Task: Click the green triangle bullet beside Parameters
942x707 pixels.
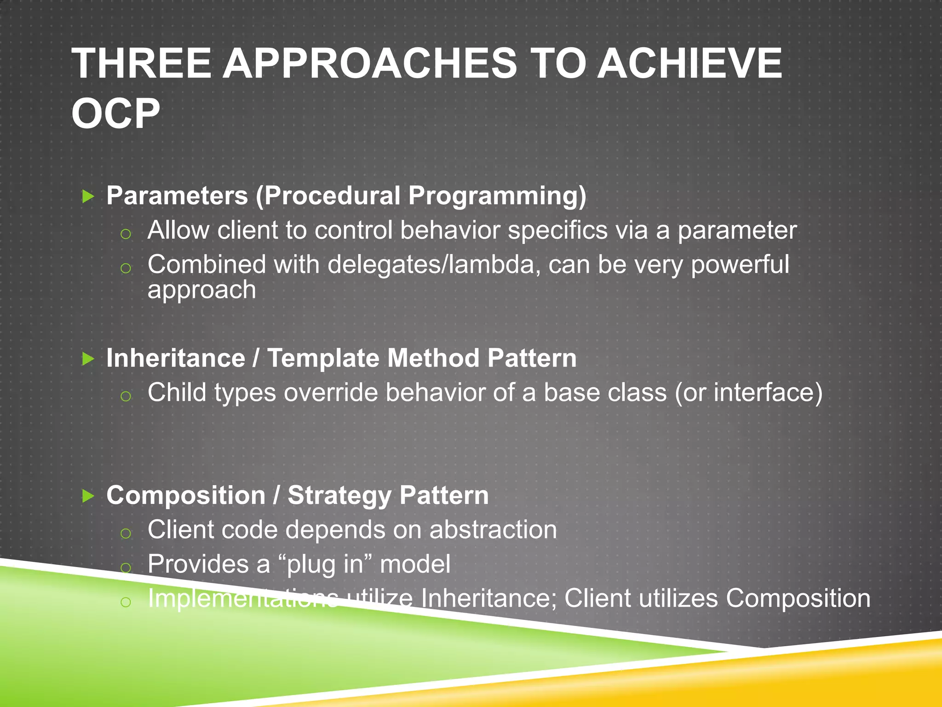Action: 88,197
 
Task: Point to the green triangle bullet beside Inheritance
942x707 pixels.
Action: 88,359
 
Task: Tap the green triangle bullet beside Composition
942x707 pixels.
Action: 88,496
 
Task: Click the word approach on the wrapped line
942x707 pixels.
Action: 201,290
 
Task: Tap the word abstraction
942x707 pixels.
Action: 493,530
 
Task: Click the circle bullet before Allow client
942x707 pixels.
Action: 126,234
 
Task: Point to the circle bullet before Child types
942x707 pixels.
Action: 126,396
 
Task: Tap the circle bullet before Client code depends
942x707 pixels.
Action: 126,533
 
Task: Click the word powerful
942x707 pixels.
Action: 740,265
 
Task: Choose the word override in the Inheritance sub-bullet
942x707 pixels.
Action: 330,393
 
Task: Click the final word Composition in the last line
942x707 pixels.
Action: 798,599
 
